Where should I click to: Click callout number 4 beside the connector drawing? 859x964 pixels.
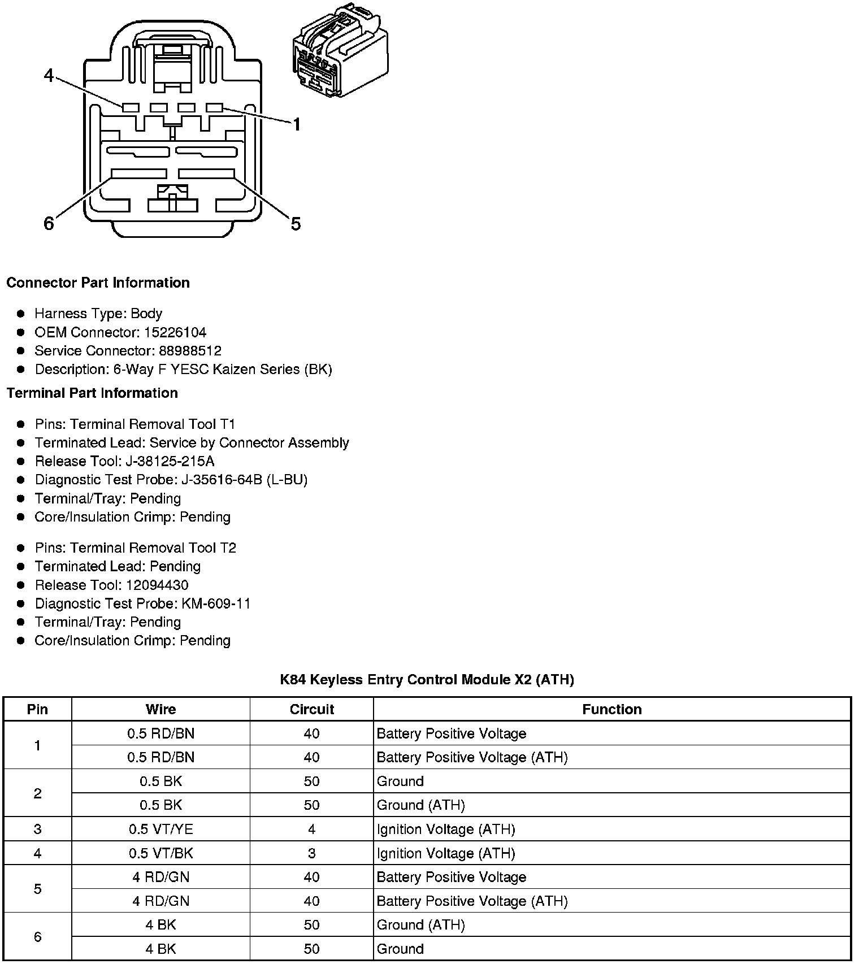click(49, 75)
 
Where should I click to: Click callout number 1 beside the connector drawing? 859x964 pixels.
click(296, 124)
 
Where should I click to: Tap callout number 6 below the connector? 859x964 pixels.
click(49, 224)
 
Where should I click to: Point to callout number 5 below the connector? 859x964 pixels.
click(296, 224)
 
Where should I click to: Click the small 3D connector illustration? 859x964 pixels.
click(340, 52)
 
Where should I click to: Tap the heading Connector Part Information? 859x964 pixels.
click(98, 283)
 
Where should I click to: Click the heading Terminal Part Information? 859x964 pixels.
click(92, 393)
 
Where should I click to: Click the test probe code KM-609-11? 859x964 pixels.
click(216, 603)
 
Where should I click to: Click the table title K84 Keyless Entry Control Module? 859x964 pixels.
click(427, 679)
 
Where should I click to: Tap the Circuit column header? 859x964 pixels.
click(311, 709)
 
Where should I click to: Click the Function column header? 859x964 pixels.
click(611, 709)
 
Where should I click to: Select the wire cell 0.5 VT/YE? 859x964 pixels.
click(160, 829)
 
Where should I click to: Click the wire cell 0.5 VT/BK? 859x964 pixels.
click(160, 853)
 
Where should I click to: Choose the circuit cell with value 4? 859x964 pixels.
click(311, 829)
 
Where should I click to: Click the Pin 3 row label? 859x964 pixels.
click(37, 829)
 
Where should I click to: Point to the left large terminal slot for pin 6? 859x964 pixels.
click(139, 173)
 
